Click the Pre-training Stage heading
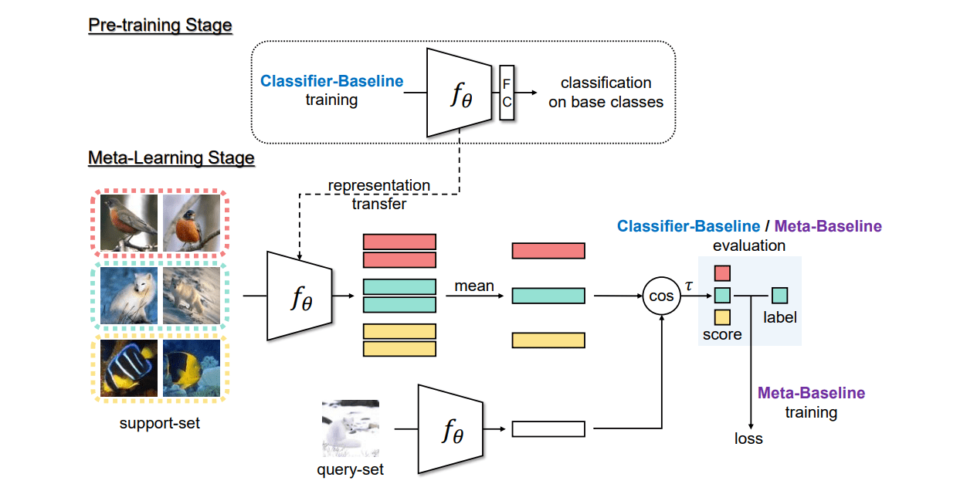point(160,25)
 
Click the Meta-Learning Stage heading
point(171,158)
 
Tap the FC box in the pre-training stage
point(507,93)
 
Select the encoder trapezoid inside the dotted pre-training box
point(460,92)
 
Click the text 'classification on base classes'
point(606,92)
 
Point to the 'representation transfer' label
point(378,195)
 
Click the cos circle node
point(662,296)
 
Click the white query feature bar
point(548,429)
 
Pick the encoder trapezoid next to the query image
point(450,429)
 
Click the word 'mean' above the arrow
point(474,286)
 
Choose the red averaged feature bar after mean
point(548,251)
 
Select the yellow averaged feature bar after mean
point(548,340)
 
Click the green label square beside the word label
point(779,296)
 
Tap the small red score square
point(722,273)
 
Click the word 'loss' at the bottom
point(748,438)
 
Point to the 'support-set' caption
point(160,423)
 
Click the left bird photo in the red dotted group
point(128,222)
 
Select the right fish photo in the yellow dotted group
point(192,368)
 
